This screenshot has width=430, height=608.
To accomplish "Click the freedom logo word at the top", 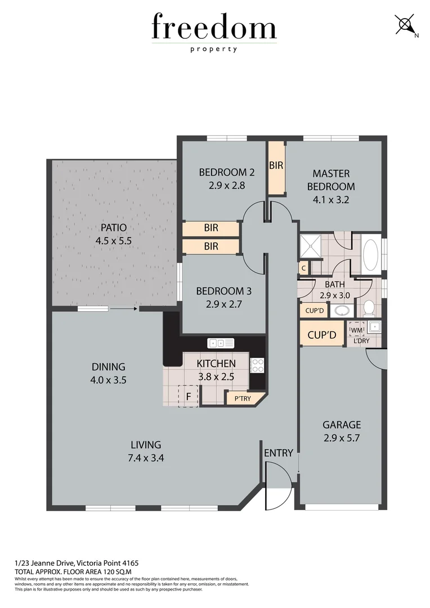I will (x=214, y=28).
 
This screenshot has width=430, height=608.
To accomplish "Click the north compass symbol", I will (x=405, y=25).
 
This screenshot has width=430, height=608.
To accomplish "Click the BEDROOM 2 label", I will (x=222, y=172).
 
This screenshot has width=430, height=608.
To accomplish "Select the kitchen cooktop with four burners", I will (x=257, y=365).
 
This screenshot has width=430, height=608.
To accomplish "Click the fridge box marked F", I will (x=188, y=396).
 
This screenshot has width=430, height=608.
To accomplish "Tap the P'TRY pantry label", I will (x=243, y=399).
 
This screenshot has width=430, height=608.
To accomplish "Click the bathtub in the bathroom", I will (x=370, y=256).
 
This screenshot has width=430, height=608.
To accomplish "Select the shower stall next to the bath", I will (x=309, y=247).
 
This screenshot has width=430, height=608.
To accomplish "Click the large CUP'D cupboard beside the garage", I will (x=321, y=334).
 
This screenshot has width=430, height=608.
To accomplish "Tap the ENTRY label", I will (x=278, y=453).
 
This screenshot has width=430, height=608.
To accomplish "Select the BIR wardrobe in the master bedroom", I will (x=276, y=168).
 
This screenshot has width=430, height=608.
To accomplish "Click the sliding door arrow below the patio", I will (x=123, y=309).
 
